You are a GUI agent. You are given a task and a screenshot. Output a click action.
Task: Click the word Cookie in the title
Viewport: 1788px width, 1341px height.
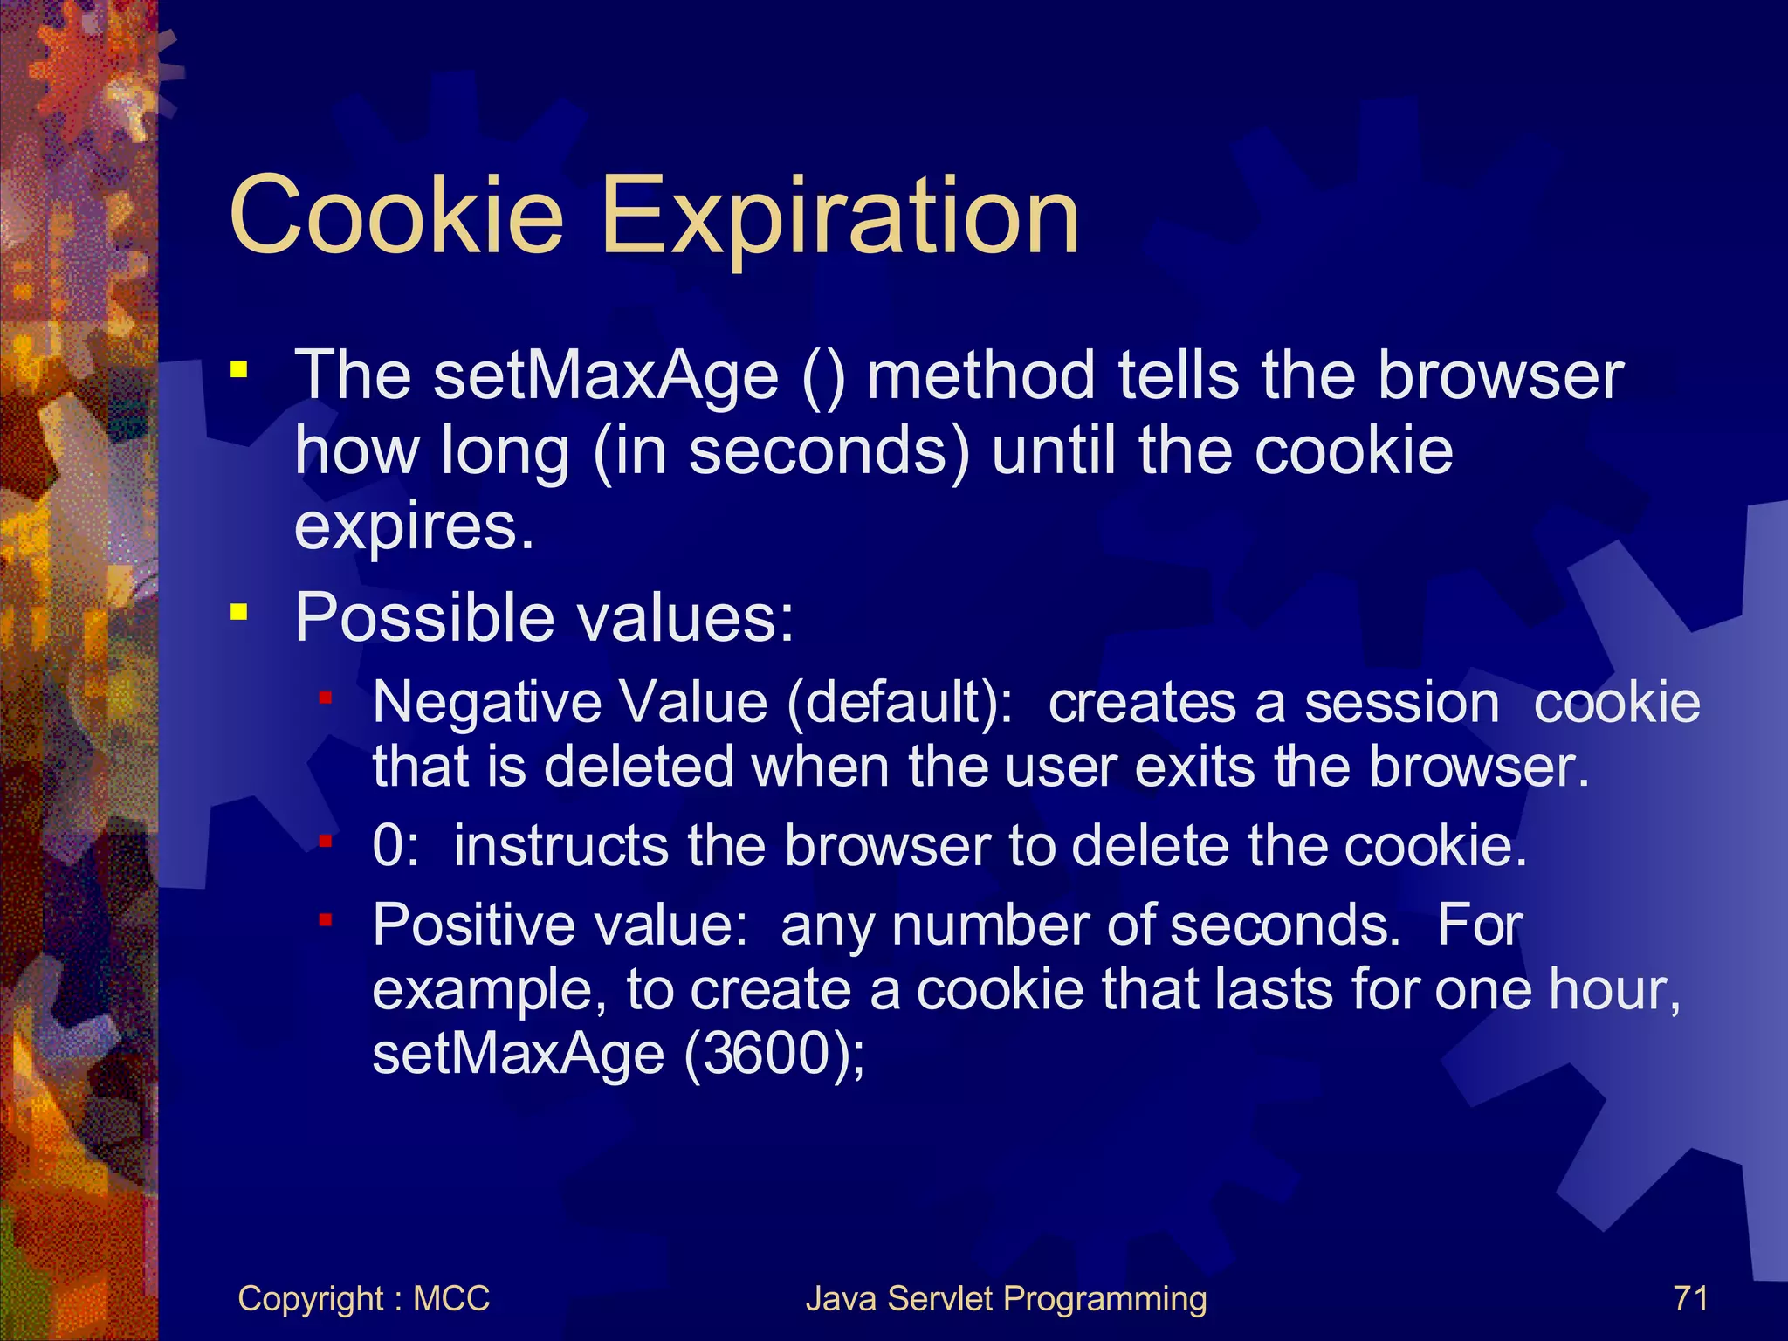tap(397, 215)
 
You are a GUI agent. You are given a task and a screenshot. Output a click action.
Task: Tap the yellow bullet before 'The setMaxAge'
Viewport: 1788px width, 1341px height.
tap(238, 370)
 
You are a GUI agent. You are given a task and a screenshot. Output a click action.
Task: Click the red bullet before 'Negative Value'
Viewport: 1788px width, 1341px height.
tap(326, 698)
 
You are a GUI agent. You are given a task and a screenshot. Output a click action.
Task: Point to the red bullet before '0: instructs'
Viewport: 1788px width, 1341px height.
tap(326, 842)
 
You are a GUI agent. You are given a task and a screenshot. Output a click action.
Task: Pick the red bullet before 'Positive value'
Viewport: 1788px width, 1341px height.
tap(326, 920)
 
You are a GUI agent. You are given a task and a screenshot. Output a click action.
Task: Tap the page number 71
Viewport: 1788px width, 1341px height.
tap(1690, 1298)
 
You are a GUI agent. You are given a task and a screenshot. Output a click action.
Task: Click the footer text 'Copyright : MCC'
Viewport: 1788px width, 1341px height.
tap(363, 1299)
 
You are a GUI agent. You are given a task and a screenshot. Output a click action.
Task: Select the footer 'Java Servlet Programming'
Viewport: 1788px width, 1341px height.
tap(1006, 1299)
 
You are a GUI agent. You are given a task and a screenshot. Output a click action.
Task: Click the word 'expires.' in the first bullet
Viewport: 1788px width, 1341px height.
tap(414, 527)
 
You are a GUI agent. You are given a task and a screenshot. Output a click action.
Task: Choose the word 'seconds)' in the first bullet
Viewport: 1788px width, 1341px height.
tap(829, 452)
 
